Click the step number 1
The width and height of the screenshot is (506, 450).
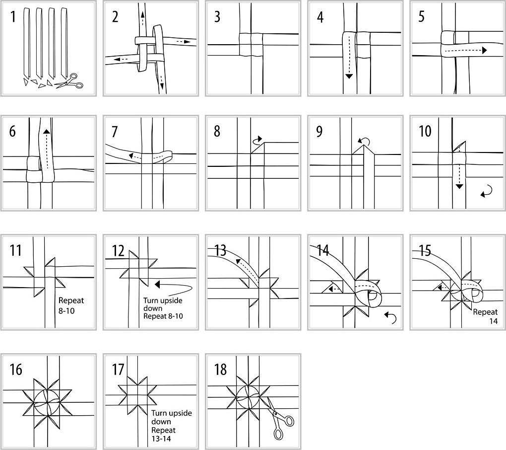(x=13, y=18)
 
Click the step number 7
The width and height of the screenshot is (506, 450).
(x=115, y=133)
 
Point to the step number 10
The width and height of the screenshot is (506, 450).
(x=425, y=133)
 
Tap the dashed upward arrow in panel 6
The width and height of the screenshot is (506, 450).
(x=46, y=149)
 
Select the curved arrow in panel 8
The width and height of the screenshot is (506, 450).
(x=257, y=141)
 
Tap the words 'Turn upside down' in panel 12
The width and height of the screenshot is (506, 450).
(x=159, y=304)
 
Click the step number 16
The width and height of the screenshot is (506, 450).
(x=16, y=370)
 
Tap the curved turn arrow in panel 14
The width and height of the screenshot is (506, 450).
(x=391, y=317)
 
